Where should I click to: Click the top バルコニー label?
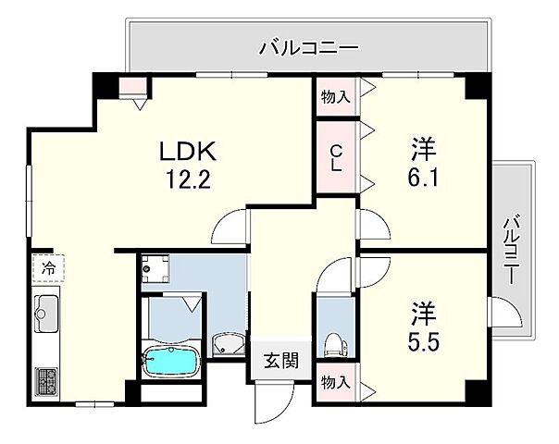[x=308, y=44]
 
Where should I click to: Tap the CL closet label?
[x=335, y=160]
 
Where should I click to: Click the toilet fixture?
[x=334, y=343]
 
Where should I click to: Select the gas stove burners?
[x=47, y=380]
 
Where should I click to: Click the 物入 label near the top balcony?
[x=335, y=94]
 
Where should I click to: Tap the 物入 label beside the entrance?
[x=335, y=382]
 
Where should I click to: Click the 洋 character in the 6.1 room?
[x=425, y=148]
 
